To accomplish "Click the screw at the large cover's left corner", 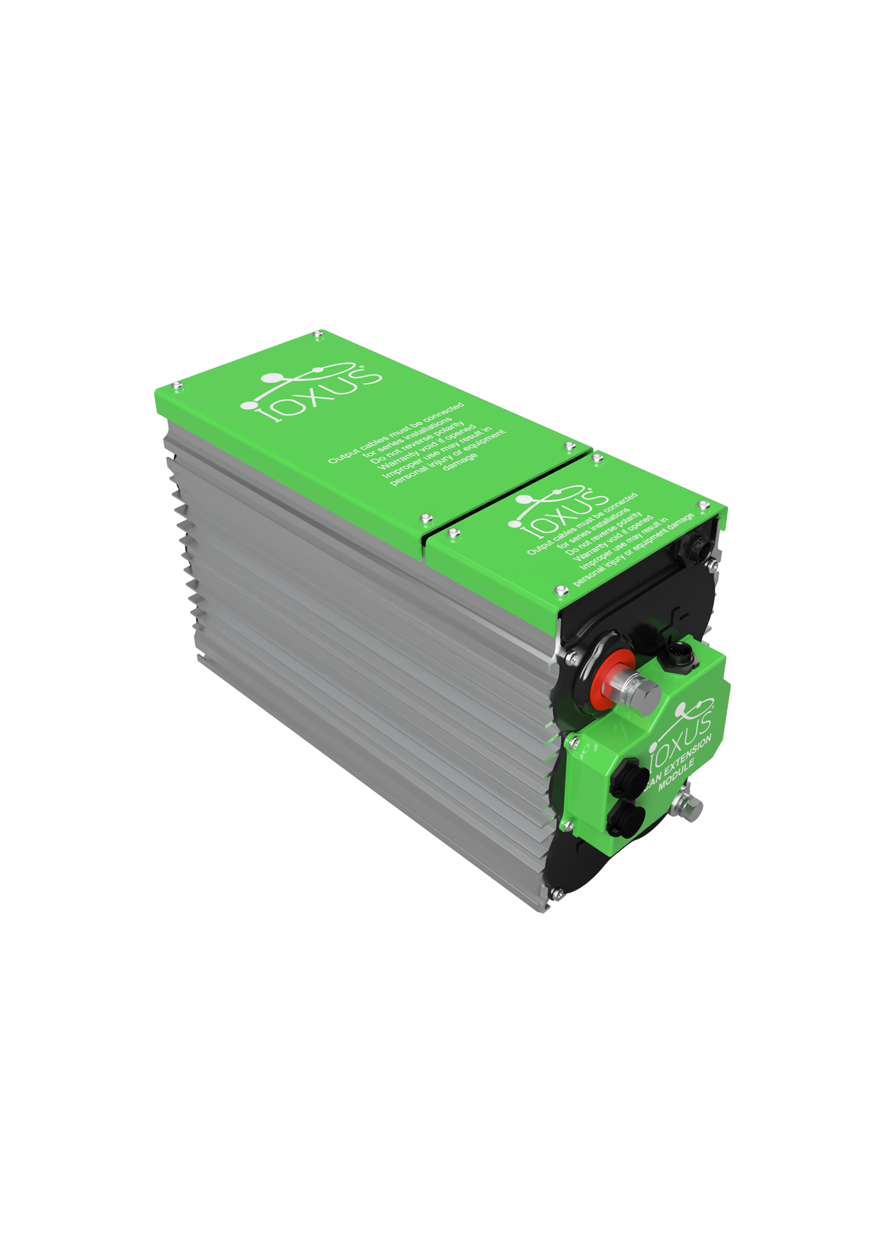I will point(177,386).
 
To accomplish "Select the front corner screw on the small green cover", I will point(561,590).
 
